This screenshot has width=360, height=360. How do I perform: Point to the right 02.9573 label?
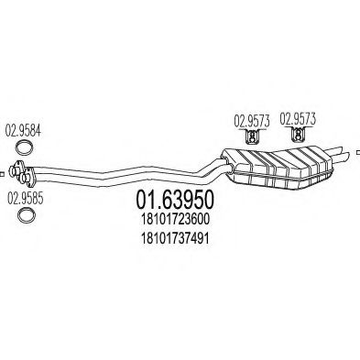pos(297,118)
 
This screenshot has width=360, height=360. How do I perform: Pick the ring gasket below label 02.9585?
pos(27,216)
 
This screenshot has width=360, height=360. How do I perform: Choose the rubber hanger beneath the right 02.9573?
pos(297,139)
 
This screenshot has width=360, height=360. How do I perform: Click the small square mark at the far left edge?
pos(4,168)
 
